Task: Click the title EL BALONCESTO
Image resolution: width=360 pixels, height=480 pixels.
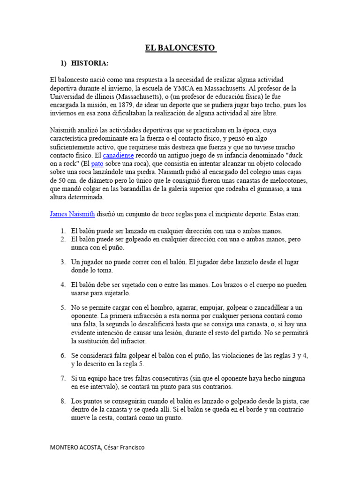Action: (x=180, y=48)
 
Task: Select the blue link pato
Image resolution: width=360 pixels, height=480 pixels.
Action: (x=97, y=164)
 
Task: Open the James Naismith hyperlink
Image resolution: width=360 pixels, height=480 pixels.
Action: (x=72, y=214)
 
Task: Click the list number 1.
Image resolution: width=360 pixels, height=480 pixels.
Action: (x=63, y=231)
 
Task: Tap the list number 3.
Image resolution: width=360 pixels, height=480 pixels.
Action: (x=63, y=262)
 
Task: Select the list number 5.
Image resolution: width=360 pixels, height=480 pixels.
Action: (x=63, y=307)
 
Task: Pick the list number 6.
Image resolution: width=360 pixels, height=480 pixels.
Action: (x=63, y=355)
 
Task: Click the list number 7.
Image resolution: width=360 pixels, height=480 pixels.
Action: (x=63, y=378)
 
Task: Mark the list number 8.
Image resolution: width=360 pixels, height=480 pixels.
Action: (x=63, y=401)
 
